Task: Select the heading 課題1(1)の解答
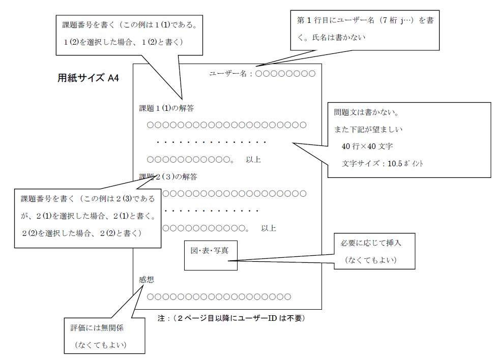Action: [166, 108]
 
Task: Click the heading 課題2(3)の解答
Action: [168, 177]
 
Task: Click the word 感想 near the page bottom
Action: [147, 279]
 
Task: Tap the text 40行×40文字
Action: [367, 146]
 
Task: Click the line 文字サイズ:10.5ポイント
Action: [383, 164]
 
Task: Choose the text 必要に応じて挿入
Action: [371, 243]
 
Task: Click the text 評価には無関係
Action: [97, 328]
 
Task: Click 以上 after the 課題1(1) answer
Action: [253, 160]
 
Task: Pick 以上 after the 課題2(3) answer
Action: [269, 228]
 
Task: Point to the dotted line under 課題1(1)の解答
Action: [212, 142]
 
